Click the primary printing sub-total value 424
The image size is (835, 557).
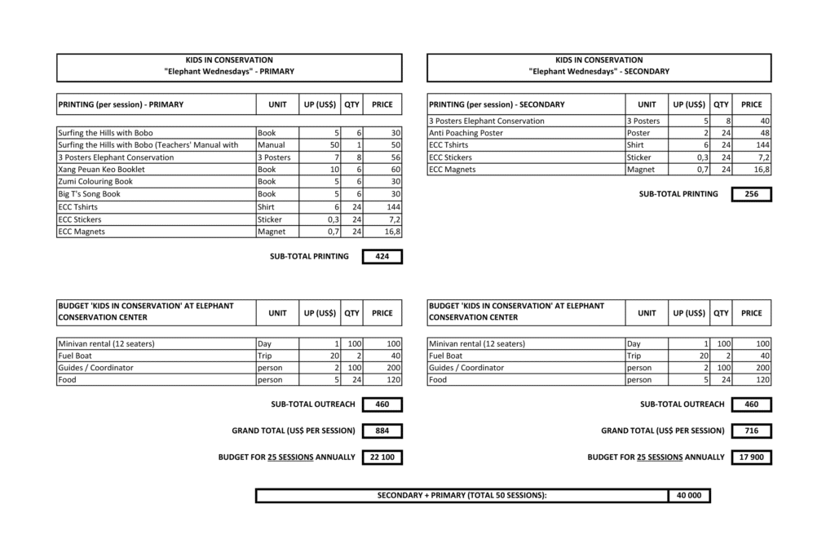point(382,256)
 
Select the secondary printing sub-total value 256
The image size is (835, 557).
point(751,194)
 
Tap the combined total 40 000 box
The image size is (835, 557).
point(688,495)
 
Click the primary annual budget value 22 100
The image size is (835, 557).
point(382,458)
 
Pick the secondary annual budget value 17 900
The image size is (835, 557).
point(751,458)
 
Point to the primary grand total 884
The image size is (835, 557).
point(382,431)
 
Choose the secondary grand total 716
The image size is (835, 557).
point(751,431)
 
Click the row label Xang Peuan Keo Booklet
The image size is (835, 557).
point(102,170)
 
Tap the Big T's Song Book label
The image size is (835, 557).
point(90,194)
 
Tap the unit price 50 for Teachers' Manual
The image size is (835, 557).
point(323,145)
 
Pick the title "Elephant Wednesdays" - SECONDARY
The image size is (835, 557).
point(599,72)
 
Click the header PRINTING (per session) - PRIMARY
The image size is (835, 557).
point(121,104)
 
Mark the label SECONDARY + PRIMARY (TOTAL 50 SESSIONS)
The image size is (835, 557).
point(462,495)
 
